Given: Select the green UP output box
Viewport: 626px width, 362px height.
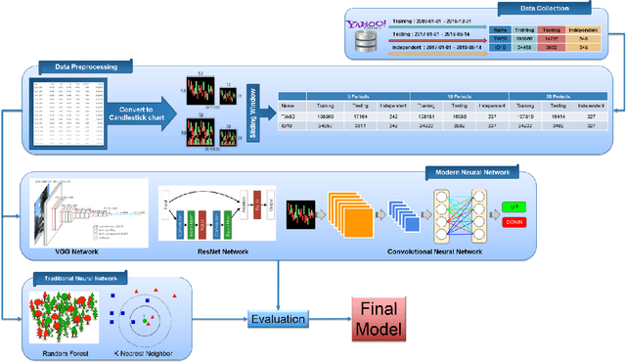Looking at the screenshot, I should pyautogui.click(x=514, y=207).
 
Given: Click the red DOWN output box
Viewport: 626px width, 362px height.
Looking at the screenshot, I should pyautogui.click(x=514, y=221).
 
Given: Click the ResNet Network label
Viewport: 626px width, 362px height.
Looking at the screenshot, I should pyautogui.click(x=207, y=251).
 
